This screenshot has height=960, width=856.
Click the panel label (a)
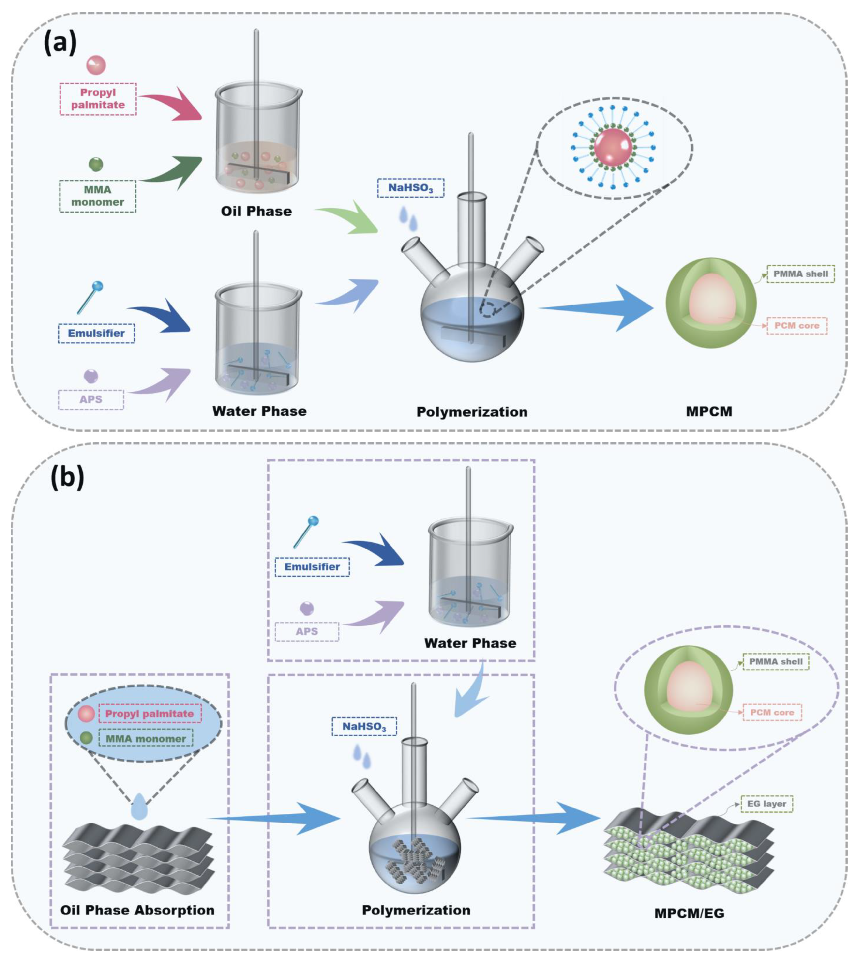tap(60, 44)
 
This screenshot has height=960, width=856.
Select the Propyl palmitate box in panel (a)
tap(98, 99)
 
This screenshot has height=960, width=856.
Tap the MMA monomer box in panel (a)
tap(98, 196)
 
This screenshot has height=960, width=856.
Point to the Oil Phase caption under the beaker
tap(256, 211)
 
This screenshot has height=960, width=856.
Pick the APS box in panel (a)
tap(91, 399)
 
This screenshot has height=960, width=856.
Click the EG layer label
tap(767, 804)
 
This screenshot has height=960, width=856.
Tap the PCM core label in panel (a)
tap(797, 325)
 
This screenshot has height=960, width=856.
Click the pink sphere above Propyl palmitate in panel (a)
tap(96, 65)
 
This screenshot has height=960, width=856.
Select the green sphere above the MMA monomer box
tap(96, 164)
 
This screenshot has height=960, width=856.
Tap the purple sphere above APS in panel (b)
tap(307, 608)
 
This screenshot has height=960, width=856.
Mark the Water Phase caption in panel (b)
tap(470, 643)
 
